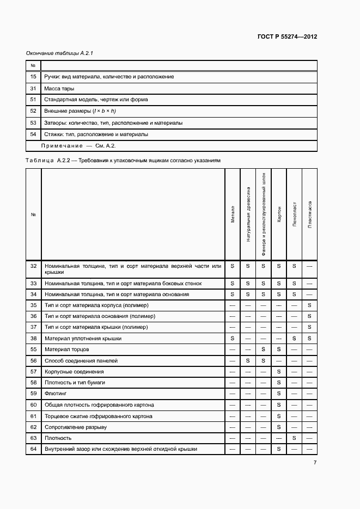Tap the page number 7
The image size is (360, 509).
[x=315, y=463]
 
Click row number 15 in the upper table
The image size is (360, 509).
[x=33, y=77]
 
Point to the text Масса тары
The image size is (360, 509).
[x=59, y=88]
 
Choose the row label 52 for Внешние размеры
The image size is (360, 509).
[x=33, y=111]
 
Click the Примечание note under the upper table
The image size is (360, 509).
[x=78, y=146]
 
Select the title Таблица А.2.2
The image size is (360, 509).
[x=123, y=161]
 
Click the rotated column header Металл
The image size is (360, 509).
[x=233, y=214]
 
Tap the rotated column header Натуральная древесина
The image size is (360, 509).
[x=248, y=214]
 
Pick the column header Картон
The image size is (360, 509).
[x=279, y=214]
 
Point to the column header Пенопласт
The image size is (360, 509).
[x=294, y=214]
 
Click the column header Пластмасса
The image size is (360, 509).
[x=309, y=214]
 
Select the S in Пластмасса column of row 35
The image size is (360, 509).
[x=309, y=305]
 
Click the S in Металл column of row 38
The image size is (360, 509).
[x=233, y=339]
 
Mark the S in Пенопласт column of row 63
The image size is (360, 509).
[x=294, y=438]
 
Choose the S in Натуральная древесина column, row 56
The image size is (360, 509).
[x=248, y=361]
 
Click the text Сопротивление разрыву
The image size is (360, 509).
[x=75, y=427]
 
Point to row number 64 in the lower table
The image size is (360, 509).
[x=33, y=449]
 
